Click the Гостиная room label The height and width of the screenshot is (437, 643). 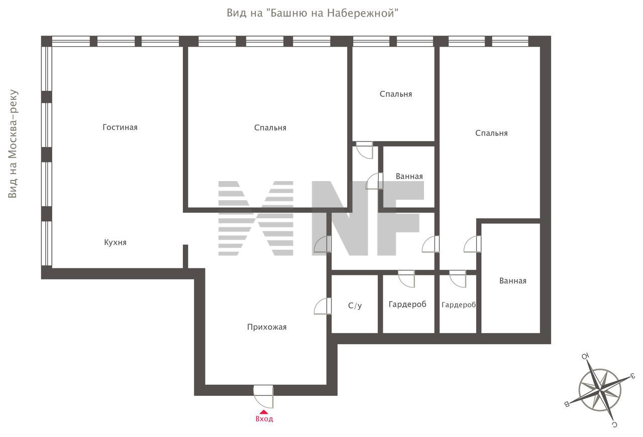pos(120,127)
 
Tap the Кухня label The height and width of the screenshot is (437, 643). pos(115,243)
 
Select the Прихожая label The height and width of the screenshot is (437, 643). pos(267,327)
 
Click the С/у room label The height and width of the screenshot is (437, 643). pos(355,306)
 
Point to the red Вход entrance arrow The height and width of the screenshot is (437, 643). pos(264,412)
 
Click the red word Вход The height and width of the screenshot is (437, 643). pos(264,419)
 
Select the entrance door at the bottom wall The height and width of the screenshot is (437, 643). pos(264,396)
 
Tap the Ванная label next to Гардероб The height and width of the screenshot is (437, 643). pos(513,281)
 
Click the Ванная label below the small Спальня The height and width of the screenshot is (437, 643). pos(409,176)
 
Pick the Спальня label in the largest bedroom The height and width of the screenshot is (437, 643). pos(270,128)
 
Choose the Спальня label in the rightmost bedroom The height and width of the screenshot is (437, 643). pos(491,133)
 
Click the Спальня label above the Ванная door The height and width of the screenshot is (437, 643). pos(395,94)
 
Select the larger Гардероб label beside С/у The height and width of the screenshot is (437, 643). pos(407,304)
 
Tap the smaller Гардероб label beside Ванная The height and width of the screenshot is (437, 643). pos(459,305)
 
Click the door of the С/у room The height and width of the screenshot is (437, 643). pos(323,306)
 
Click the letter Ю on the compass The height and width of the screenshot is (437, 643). pos(586,356)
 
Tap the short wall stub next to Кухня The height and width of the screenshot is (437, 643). pos(185,257)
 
